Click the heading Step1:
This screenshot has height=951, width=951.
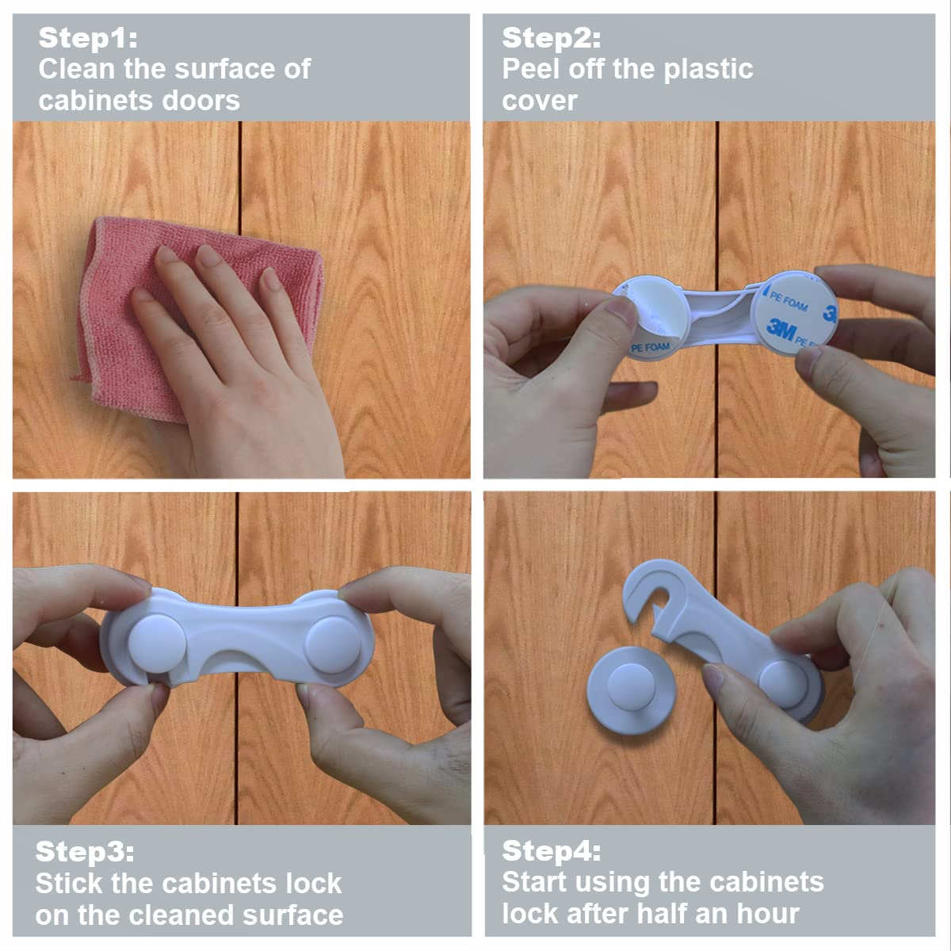[88, 38]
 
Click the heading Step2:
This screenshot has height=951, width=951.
[552, 38]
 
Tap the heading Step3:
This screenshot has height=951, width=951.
[84, 851]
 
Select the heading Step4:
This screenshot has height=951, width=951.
[552, 851]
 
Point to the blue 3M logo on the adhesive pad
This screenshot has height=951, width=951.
[781, 329]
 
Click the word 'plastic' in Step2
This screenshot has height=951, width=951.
[708, 70]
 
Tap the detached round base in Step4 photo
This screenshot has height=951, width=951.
[630, 690]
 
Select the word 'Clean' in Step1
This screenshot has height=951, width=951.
[77, 69]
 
